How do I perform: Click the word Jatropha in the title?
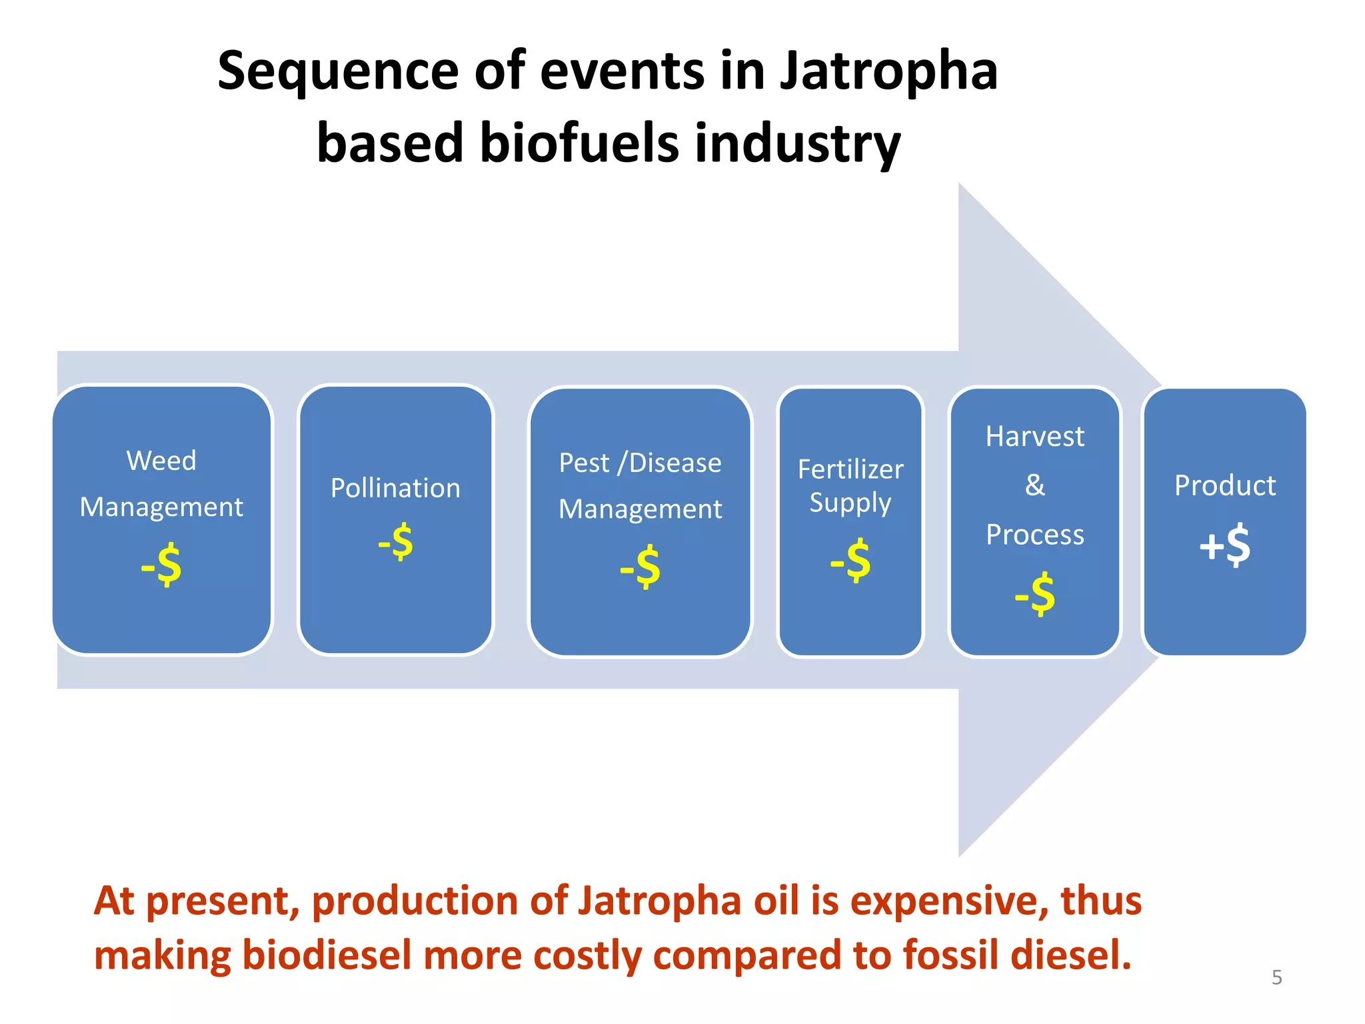click(888, 72)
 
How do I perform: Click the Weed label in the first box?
click(161, 461)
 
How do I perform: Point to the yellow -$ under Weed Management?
click(161, 565)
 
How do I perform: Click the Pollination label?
click(395, 488)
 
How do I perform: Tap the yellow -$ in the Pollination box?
click(396, 542)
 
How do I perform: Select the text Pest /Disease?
click(640, 463)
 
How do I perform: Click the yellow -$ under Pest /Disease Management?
click(640, 567)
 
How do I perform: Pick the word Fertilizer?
click(850, 469)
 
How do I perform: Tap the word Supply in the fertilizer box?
click(850, 503)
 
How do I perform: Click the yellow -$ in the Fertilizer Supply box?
click(850, 561)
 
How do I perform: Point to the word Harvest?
click(1034, 437)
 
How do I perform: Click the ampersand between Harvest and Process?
click(1034, 485)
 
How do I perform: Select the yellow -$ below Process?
click(1034, 594)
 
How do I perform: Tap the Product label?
click(1224, 485)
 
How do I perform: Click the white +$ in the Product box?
click(1224, 545)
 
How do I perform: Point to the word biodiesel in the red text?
click(327, 955)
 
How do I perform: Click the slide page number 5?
click(1276, 977)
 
